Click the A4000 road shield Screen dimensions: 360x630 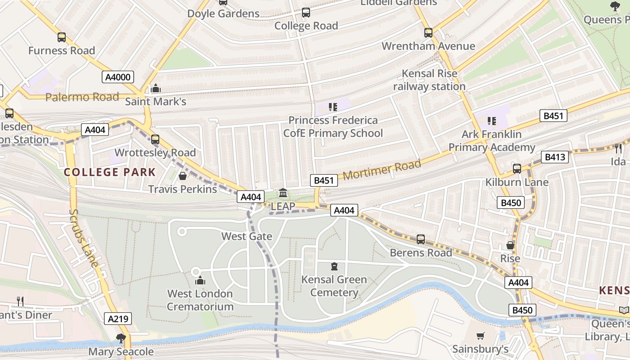[x=117, y=77]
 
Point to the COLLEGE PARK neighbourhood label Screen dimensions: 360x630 [x=109, y=172]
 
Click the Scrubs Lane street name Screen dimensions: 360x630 [x=84, y=238]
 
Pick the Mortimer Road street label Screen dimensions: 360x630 [x=382, y=171]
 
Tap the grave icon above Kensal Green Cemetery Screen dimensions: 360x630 [x=334, y=267]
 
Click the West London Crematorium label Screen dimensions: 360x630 [x=200, y=300]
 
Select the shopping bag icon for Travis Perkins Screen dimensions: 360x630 [x=183, y=176]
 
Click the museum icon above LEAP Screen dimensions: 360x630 [x=283, y=193]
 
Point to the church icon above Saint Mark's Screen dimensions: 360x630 [x=156, y=88]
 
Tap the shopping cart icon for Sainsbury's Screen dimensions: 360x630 [x=481, y=336]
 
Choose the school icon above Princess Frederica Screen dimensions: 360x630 [x=333, y=107]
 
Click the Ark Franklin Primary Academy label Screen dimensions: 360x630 [x=492, y=140]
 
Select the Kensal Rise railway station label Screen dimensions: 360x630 [x=429, y=80]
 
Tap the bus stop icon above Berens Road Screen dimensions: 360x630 [x=421, y=239]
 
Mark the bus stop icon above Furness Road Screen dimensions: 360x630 [x=62, y=37]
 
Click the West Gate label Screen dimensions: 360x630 [x=247, y=236]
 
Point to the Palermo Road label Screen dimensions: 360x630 [x=82, y=97]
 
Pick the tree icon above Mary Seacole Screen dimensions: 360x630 [x=121, y=338]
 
